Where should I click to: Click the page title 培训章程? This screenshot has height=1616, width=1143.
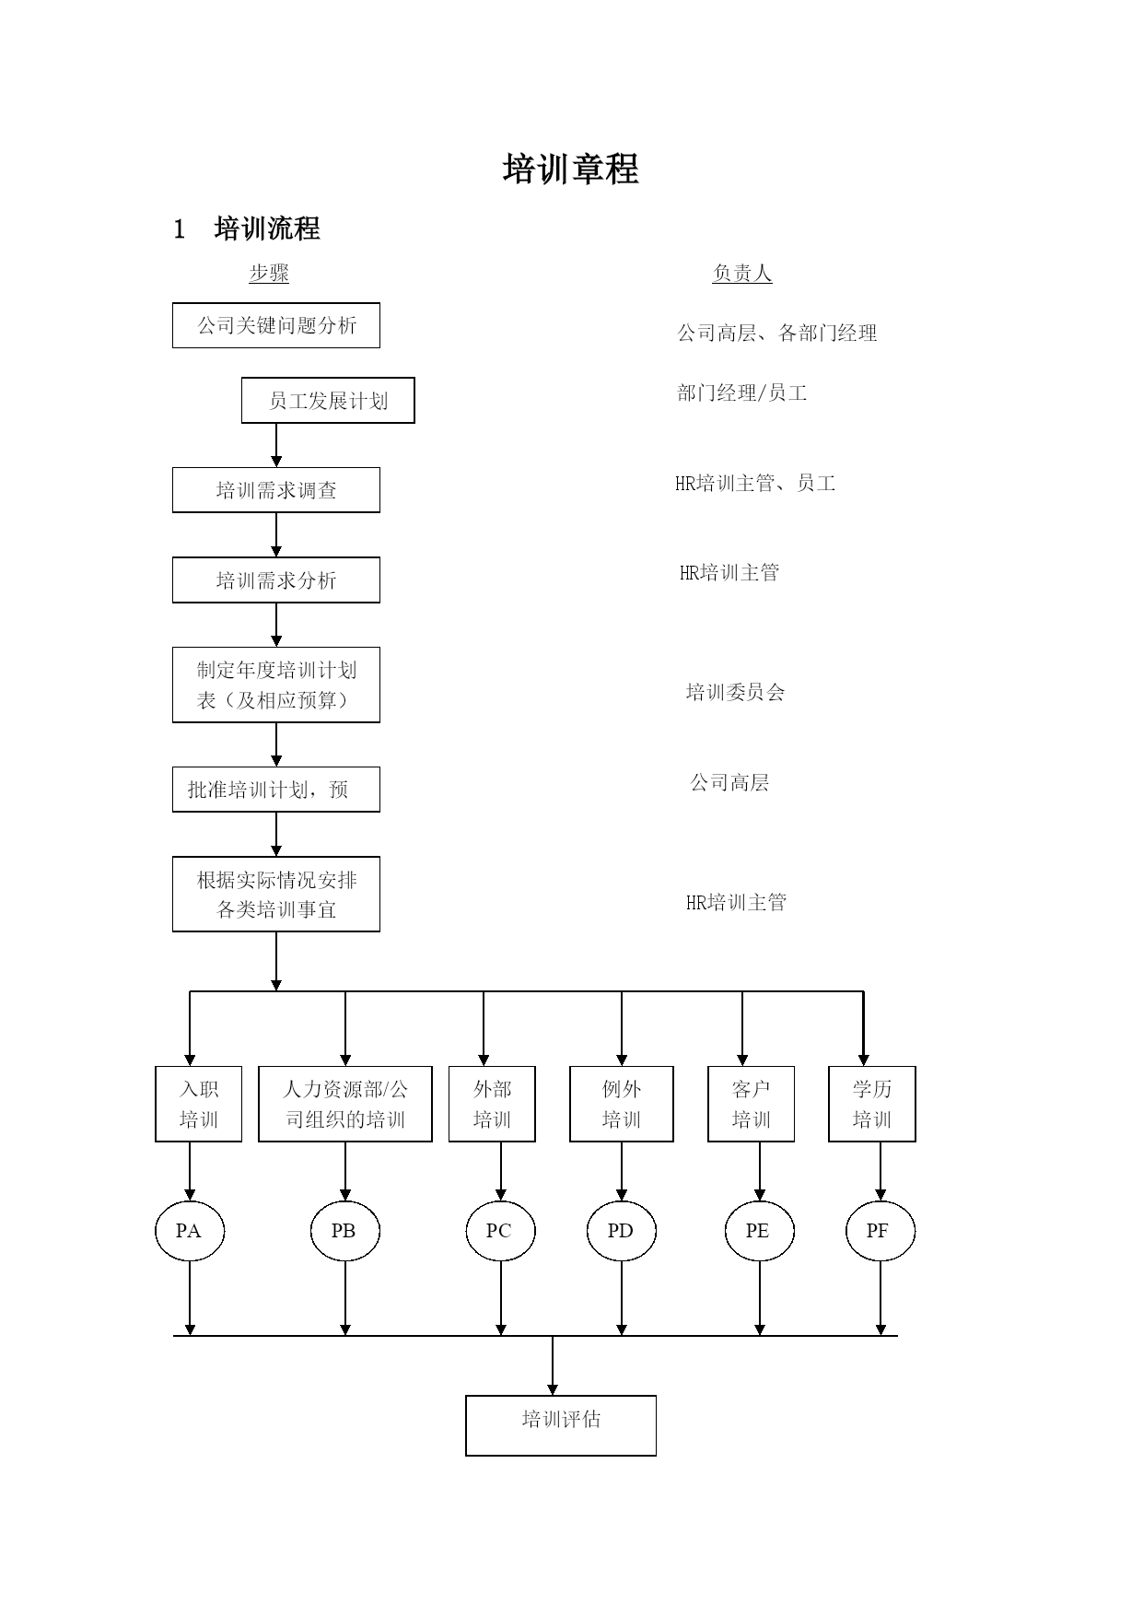571,170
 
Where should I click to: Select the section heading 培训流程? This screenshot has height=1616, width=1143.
267,228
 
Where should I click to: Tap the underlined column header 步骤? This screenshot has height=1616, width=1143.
269,273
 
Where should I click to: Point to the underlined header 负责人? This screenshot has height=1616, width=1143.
742,273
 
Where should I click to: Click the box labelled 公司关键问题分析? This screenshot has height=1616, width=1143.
276,325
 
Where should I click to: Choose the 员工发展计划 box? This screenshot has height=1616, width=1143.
328,401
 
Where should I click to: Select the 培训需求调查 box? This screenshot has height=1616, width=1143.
276,490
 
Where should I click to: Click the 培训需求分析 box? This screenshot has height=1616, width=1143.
276,580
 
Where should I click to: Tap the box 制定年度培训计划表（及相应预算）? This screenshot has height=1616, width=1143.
276,685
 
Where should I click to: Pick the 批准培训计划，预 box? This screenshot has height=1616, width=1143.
276,790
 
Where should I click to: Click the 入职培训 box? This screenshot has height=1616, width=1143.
199,1104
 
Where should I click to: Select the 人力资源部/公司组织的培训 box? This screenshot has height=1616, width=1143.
345,1104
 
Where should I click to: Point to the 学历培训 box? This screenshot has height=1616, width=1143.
872,1104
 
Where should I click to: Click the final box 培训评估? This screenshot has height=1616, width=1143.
561,1425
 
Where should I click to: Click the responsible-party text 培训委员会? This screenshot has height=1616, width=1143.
735,692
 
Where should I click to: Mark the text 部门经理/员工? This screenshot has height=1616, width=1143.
742,393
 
